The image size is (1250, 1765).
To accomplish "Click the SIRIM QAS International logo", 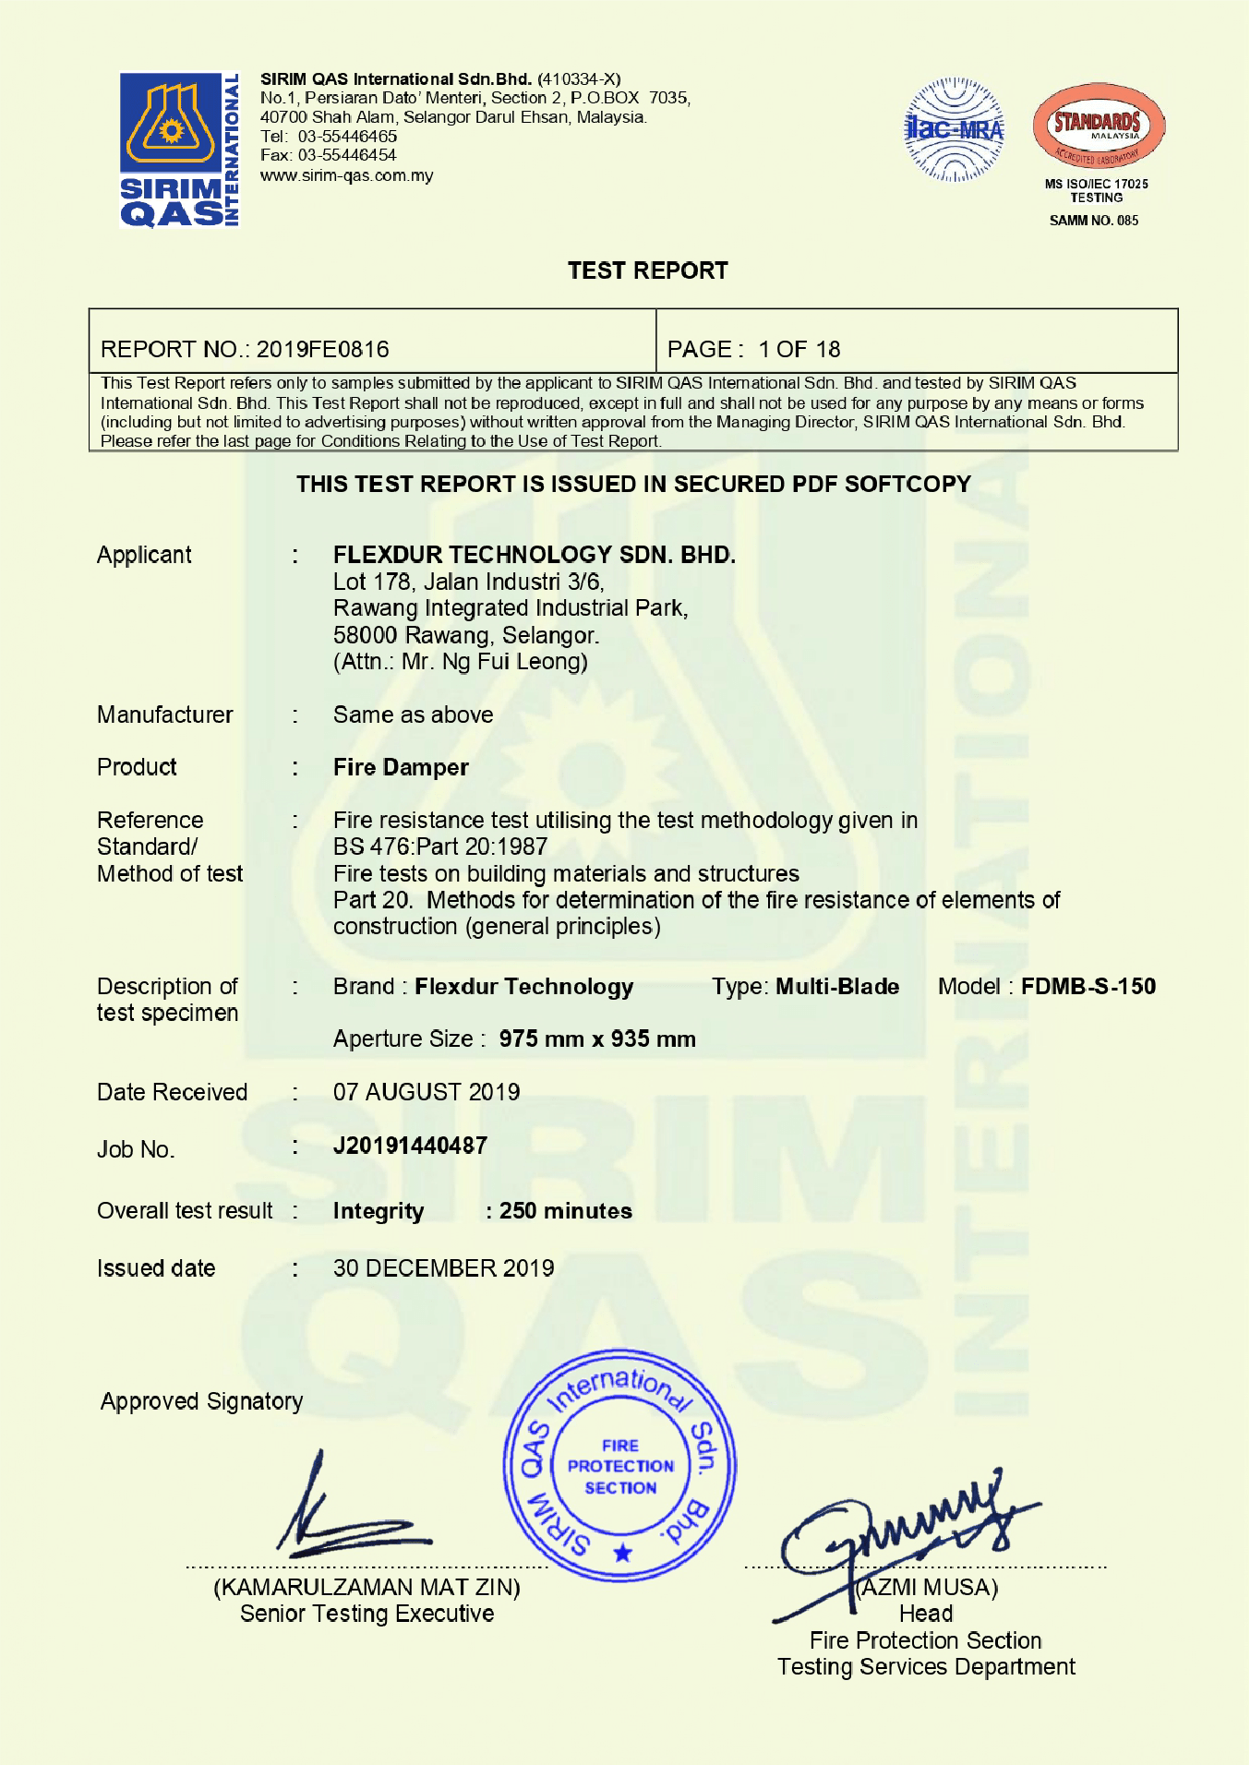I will pos(179,150).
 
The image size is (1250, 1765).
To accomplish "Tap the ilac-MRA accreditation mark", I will pos(954,130).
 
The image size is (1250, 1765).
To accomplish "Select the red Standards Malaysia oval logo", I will pos(1098,126).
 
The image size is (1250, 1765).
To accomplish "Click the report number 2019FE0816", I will pos(322,349).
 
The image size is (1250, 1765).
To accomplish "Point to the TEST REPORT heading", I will pos(647,270).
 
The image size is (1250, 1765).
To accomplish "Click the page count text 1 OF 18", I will pos(799,349).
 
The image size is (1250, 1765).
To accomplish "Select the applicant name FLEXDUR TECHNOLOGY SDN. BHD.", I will pos(534,555).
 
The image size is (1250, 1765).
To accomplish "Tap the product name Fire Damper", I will pos(401,767).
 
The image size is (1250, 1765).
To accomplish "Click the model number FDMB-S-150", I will pos(1088,986).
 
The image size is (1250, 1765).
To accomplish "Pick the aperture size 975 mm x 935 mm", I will pos(596,1039).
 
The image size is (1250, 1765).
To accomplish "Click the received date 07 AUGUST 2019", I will pos(427,1092).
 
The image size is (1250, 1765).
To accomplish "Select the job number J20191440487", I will pos(410,1146).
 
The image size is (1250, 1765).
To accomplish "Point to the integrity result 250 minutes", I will pos(565,1211).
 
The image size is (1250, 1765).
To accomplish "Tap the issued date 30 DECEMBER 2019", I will pos(443,1268).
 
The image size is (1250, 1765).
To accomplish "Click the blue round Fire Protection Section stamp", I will pos(619,1466).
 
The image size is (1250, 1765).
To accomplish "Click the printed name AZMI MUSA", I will pos(928,1587).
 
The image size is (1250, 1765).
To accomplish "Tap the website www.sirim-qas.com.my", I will pos(346,175).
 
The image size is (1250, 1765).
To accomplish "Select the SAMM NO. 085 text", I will pos(1094,221).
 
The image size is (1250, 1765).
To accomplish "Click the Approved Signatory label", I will pos(201,1401).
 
